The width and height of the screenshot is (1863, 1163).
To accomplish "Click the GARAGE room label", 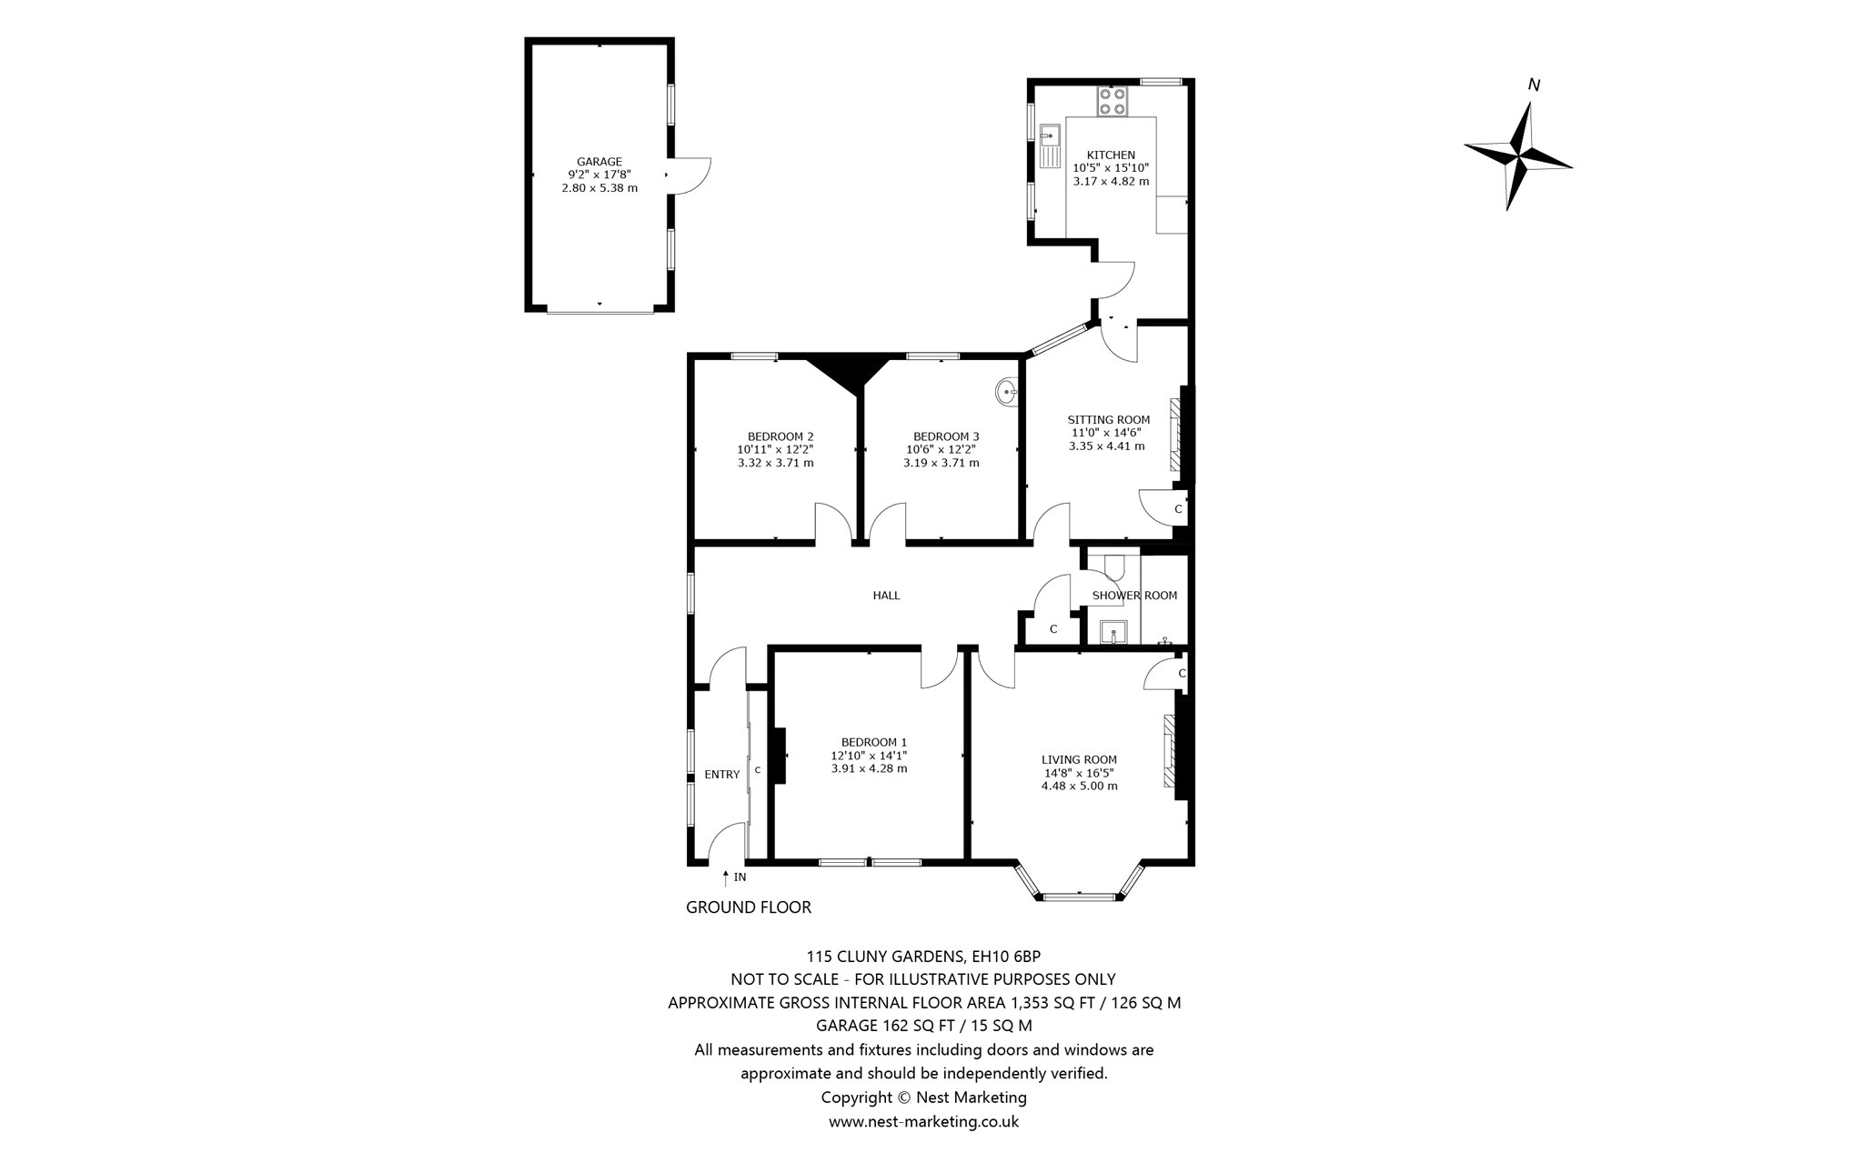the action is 599,162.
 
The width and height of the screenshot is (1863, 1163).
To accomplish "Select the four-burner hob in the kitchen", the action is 1112,101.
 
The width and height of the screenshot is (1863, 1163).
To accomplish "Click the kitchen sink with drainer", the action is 1051,145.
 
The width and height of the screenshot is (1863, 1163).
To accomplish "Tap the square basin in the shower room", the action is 1113,632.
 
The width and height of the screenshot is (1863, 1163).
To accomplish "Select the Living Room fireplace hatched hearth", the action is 1169,751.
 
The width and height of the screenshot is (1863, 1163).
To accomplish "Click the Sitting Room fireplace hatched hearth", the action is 1175,435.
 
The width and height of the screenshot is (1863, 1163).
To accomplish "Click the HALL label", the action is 886,596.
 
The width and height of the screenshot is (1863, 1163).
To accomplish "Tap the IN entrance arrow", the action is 725,877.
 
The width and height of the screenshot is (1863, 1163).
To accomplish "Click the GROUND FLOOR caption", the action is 749,907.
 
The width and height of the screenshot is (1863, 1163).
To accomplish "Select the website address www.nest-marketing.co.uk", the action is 923,1121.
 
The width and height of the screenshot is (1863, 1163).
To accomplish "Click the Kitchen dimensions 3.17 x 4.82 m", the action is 1111,181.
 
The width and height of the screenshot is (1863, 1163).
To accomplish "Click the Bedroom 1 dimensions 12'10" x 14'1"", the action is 869,755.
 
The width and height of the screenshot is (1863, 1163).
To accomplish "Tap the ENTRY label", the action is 722,775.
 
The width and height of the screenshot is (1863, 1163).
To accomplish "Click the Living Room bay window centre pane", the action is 1078,897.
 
